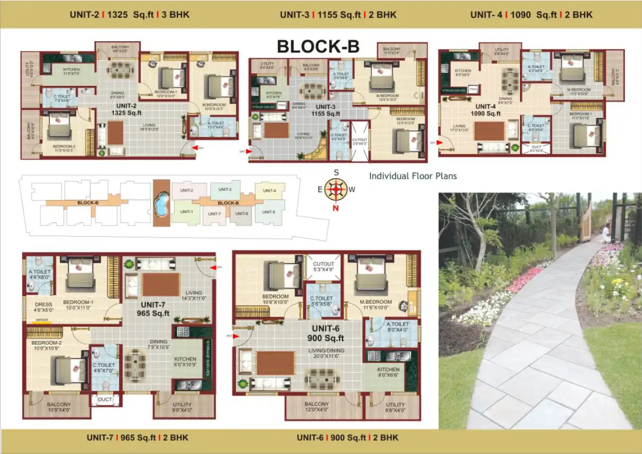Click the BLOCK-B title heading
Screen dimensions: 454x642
click(318, 46)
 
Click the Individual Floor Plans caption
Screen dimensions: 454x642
click(413, 176)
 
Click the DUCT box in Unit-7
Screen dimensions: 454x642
click(105, 400)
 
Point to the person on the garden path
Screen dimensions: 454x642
click(606, 234)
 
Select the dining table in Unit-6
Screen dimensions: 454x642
click(322, 379)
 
